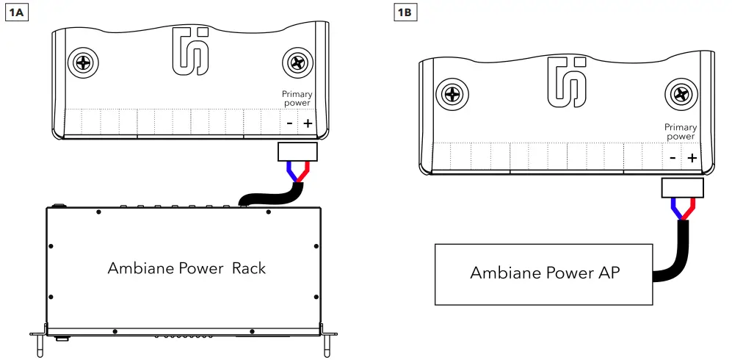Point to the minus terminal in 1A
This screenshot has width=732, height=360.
(x=289, y=123)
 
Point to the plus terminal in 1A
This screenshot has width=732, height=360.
(x=307, y=123)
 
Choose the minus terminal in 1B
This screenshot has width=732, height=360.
(x=673, y=157)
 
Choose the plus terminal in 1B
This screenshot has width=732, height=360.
(x=692, y=157)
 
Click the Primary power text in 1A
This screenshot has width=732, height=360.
(x=297, y=98)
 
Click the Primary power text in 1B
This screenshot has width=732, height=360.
(x=680, y=132)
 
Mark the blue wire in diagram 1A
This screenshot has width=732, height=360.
(x=292, y=173)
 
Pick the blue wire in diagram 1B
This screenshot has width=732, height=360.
(x=676, y=209)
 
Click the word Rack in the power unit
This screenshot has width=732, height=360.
(x=249, y=268)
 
